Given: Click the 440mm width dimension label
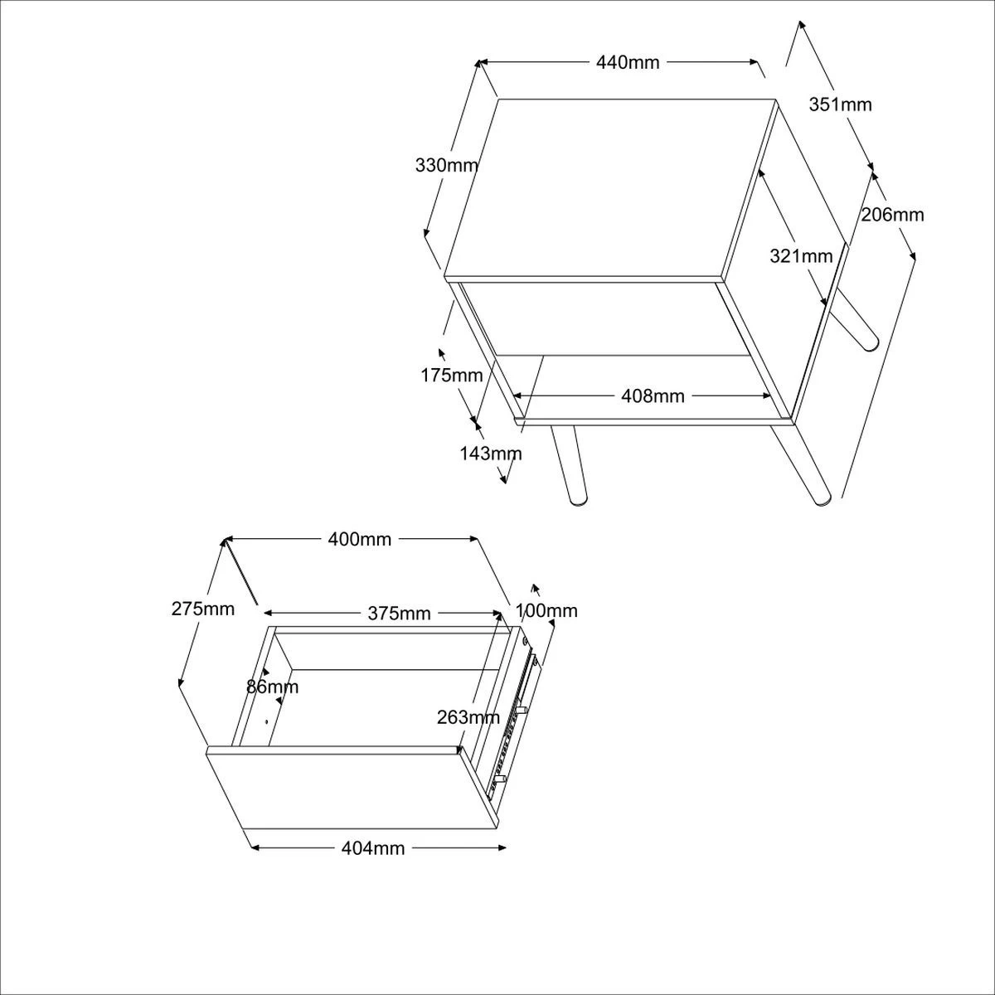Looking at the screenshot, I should (x=628, y=62).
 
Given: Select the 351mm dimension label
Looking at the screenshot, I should (x=840, y=104).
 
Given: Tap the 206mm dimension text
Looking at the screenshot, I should (x=891, y=215).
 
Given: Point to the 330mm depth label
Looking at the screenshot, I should (x=446, y=165).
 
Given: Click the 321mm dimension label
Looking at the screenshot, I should (x=800, y=256).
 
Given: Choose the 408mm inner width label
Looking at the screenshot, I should (x=653, y=396).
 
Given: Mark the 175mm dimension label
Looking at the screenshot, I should (x=451, y=375).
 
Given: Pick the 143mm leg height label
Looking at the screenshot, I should (x=491, y=454).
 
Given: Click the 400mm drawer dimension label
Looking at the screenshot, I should (x=359, y=540).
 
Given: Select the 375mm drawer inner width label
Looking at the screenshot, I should (x=399, y=614).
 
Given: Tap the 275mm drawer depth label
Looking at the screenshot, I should (x=203, y=609).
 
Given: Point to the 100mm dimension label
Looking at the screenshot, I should (x=546, y=611).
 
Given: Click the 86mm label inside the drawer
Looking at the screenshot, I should (x=272, y=687).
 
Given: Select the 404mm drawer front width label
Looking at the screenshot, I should (x=373, y=848).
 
